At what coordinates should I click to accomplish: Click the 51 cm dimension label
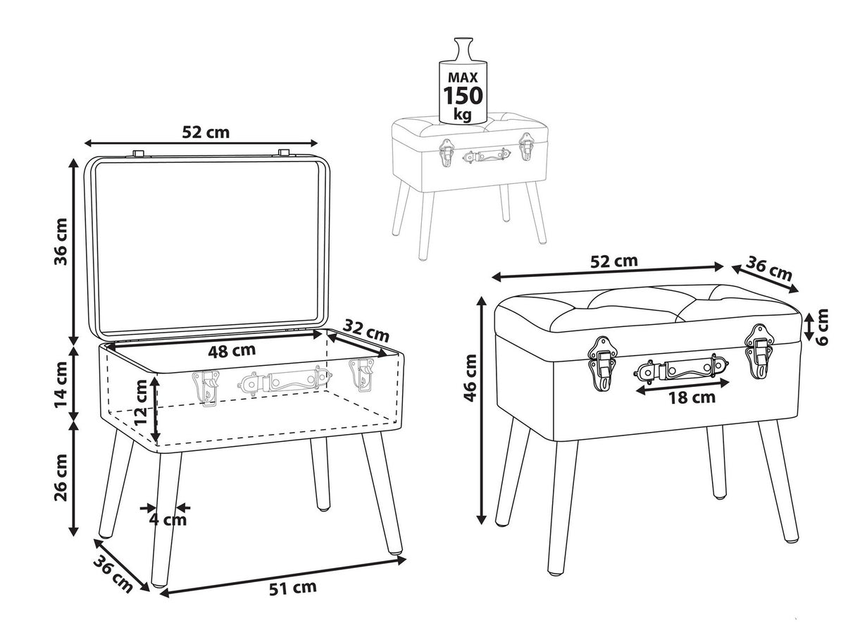pos(293,588)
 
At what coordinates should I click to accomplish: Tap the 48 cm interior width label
pos(232,350)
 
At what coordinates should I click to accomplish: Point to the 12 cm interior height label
pos(141,403)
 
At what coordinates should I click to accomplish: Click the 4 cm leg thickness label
pos(168,519)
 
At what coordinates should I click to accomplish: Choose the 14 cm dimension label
pos(61,385)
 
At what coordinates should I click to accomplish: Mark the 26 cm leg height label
pos(61,477)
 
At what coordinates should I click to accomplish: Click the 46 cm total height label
pos(470,378)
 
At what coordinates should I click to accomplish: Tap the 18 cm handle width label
pos(692,397)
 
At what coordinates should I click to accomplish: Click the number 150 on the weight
pos(463,96)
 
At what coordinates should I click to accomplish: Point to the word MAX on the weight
pos(463,78)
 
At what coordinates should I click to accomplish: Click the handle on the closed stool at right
pos(680,369)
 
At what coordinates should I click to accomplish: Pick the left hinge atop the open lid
pos(138,152)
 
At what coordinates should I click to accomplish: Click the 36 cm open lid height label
pos(61,242)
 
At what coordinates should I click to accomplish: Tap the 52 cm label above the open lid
pos(206,132)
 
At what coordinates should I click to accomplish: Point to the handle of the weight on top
pos(463,49)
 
